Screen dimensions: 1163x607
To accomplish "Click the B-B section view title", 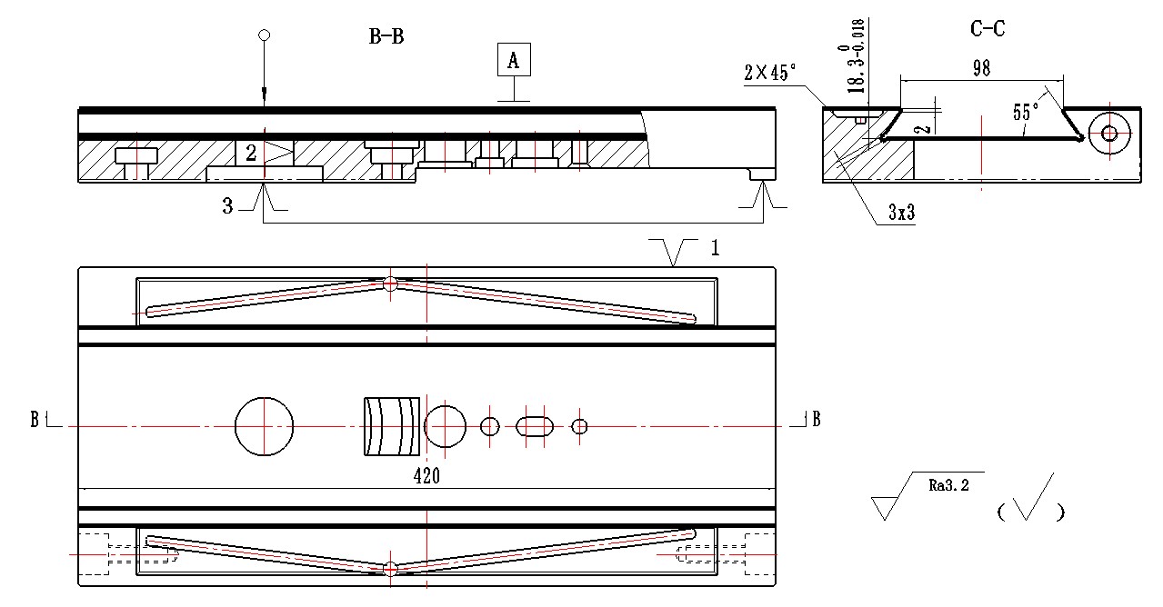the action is (x=386, y=36).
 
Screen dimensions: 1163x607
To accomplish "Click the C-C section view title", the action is (x=988, y=28).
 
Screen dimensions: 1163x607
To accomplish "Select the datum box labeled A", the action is (x=514, y=60).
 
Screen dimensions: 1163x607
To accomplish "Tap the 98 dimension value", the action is (x=981, y=68).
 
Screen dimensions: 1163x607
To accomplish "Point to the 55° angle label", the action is (x=1026, y=112).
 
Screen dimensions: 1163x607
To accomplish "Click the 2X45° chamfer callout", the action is (x=769, y=73).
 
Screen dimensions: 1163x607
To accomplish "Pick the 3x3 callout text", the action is (x=901, y=212).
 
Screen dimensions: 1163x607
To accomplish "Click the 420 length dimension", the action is (x=426, y=476).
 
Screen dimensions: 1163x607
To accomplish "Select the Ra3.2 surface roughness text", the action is (x=948, y=485).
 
